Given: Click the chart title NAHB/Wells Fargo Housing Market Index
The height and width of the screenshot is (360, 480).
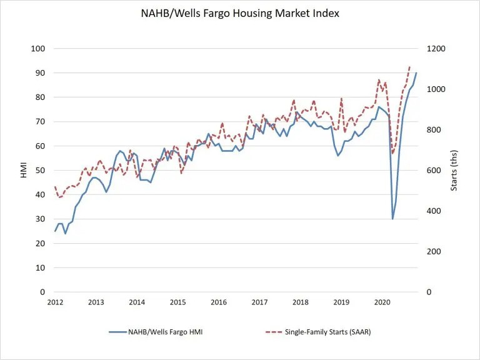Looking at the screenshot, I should [240, 13].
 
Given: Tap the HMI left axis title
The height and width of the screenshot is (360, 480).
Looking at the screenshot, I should [24, 170].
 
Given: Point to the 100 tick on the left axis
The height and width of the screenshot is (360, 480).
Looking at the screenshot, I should [39, 49].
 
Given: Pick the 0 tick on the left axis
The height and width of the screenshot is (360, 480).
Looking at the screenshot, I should [43, 292].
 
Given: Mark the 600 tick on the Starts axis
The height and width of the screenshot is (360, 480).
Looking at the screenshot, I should [434, 171].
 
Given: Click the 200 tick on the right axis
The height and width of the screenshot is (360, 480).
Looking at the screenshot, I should [434, 251].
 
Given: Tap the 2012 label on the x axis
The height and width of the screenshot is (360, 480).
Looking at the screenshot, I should [55, 302].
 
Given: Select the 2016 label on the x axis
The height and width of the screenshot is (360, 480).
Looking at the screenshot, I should [219, 302].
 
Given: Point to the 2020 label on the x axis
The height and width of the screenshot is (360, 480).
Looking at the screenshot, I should [382, 302].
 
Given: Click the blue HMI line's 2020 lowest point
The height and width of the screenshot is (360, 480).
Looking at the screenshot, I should [392, 219].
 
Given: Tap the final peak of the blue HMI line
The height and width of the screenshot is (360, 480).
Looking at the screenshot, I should [416, 73].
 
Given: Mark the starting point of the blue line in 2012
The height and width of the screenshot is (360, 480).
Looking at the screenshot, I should [55, 231].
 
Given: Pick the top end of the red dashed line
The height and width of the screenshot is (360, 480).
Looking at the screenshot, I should [409, 66].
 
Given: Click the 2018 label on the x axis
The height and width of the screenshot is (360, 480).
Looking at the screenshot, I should [301, 302].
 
